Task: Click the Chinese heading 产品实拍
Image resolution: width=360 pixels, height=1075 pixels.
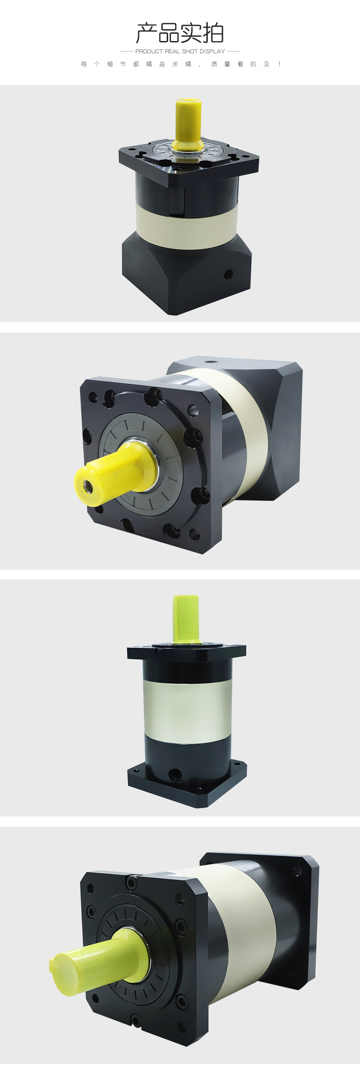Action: point(180,33)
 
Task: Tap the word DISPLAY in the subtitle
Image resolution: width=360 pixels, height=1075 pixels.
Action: point(212,52)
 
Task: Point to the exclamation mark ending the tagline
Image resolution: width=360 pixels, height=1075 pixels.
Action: point(279,64)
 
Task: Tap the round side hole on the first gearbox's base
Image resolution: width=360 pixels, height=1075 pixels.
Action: point(228,274)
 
